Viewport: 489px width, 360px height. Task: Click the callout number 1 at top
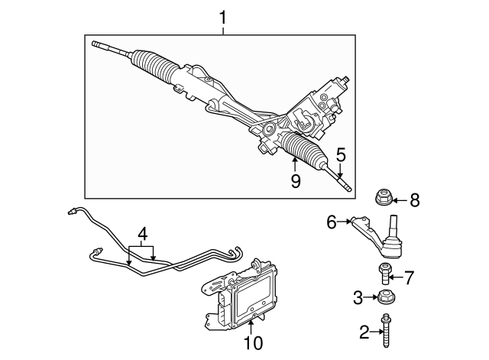(223, 16)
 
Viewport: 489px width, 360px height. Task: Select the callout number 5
(340, 154)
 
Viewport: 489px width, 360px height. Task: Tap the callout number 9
(295, 181)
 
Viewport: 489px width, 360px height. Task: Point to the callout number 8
(415, 201)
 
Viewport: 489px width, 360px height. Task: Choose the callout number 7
(409, 277)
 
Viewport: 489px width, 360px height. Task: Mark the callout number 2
(364, 332)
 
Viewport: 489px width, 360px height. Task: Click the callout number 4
(142, 233)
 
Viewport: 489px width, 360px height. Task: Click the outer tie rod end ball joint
(392, 244)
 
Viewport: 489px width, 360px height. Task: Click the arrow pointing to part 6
(345, 222)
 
